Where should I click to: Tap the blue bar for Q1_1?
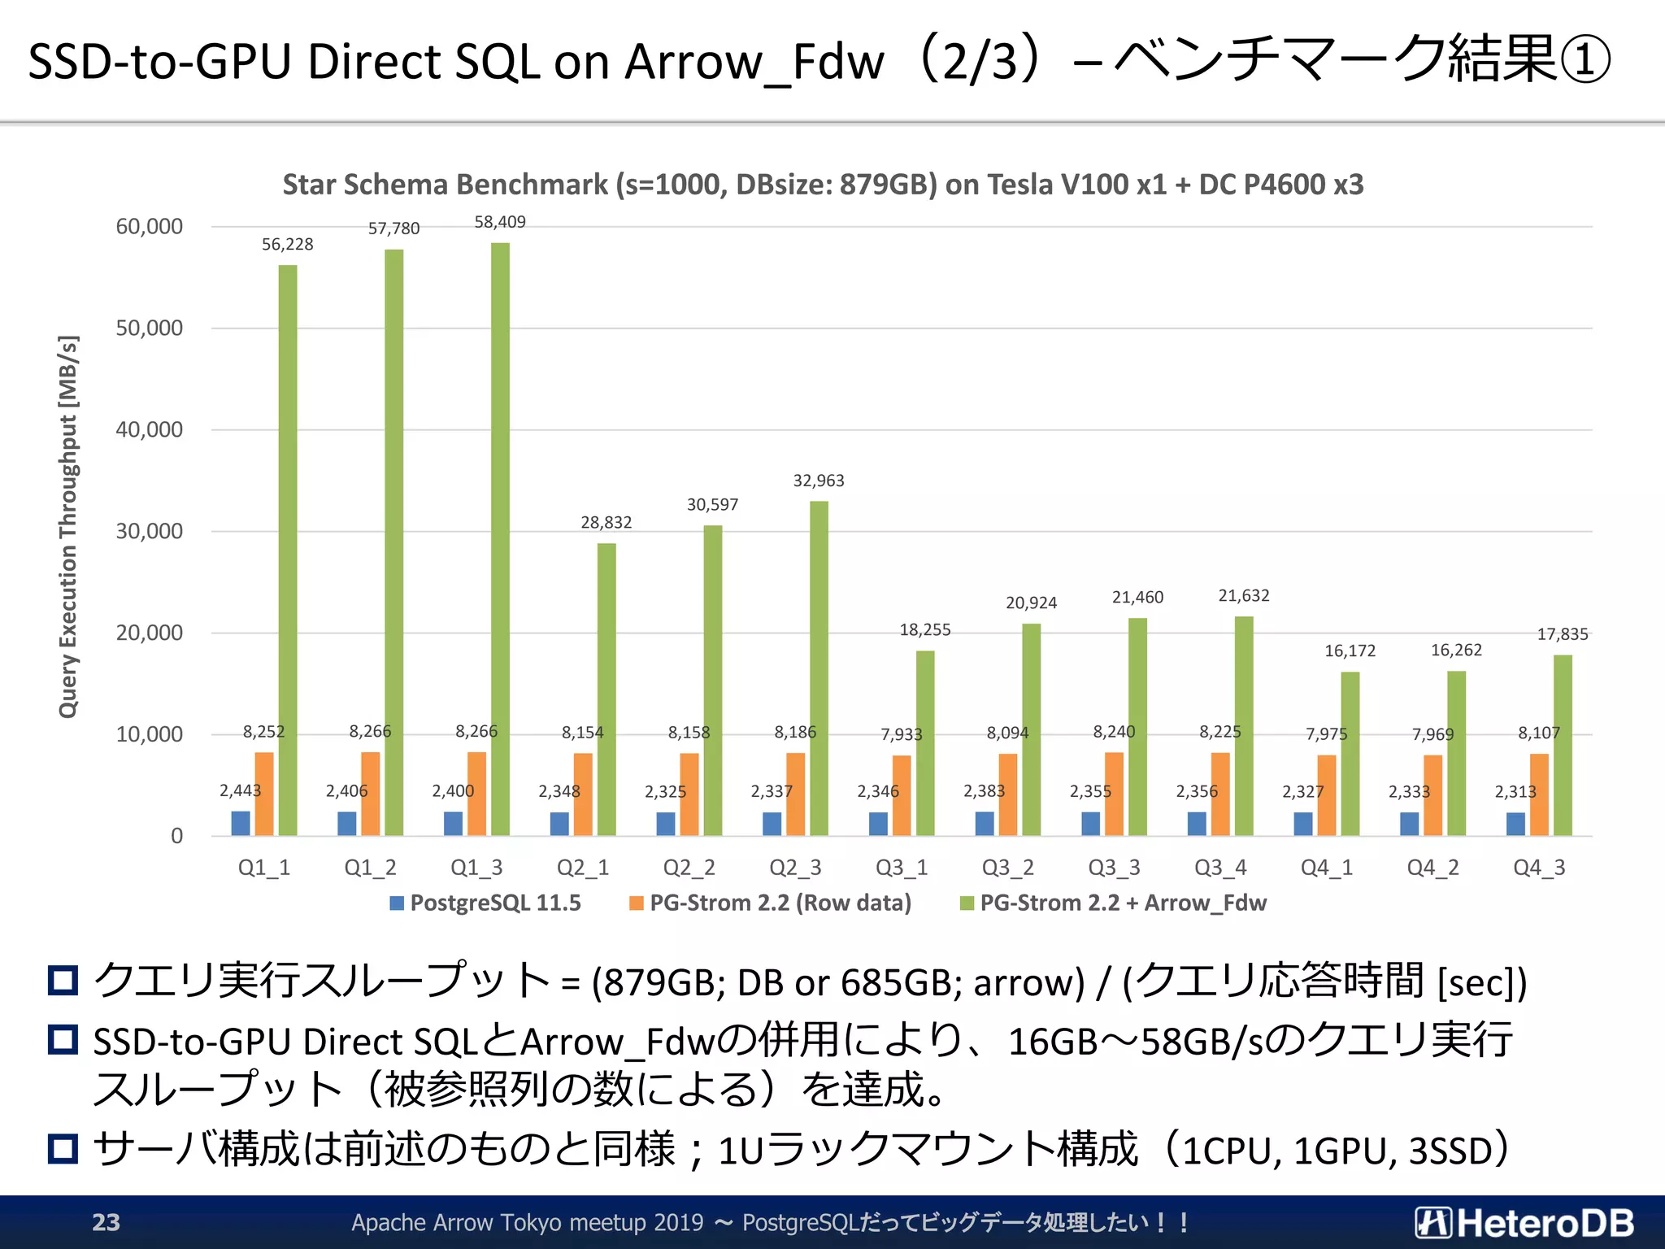[x=241, y=823]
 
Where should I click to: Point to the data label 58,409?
[x=500, y=222]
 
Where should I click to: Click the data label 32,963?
[x=819, y=481]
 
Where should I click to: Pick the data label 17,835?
[x=1562, y=634]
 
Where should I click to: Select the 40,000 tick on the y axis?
[x=149, y=429]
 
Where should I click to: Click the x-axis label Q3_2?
[x=1007, y=868]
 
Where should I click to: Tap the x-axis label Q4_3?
[x=1538, y=868]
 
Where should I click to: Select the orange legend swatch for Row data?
[x=637, y=903]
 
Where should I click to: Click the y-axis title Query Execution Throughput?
[x=67, y=526]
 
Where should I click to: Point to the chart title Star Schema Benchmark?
[x=823, y=185]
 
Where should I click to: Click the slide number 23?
[x=106, y=1222]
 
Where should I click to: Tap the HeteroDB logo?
[x=1524, y=1222]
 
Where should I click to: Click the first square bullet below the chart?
[x=63, y=980]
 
